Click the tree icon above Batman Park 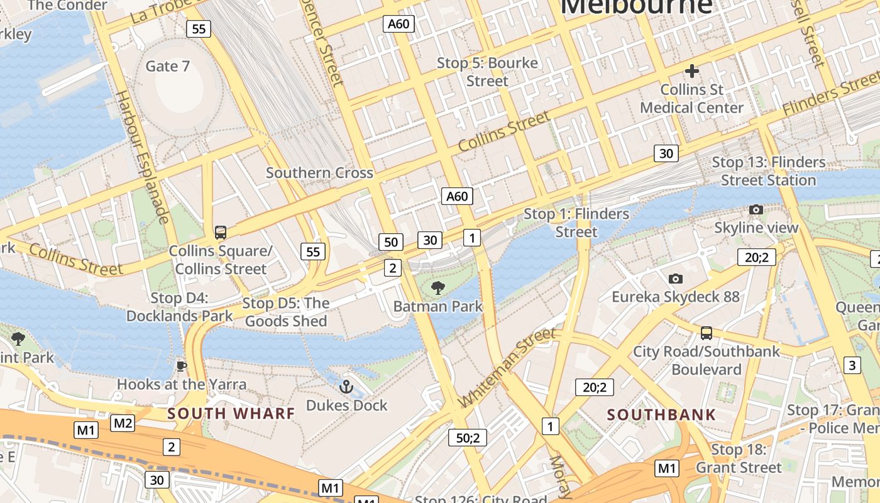click(437, 289)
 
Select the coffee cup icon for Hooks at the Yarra click(182, 366)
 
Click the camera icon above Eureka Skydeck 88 click(676, 279)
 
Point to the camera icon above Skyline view click(756, 210)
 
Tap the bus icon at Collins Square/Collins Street click(220, 233)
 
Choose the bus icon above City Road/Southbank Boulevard click(707, 333)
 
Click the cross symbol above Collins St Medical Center click(691, 71)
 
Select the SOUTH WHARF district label click(231, 414)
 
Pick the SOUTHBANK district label click(661, 415)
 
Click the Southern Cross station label click(319, 173)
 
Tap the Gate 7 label click(167, 66)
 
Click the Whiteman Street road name click(508, 367)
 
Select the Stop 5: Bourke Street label click(487, 72)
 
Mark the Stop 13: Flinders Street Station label click(768, 171)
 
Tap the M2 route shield click(123, 423)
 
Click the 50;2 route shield click(468, 438)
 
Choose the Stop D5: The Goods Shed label click(286, 312)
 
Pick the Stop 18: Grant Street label click(739, 458)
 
